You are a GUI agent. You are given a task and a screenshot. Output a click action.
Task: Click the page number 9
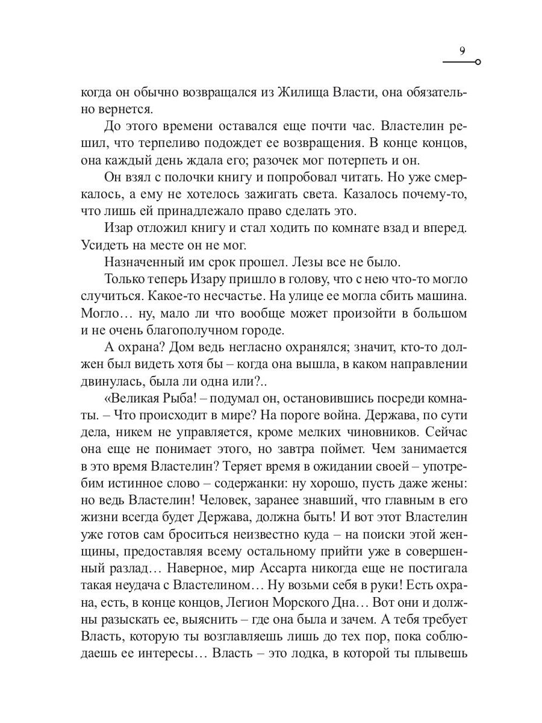tap(462, 51)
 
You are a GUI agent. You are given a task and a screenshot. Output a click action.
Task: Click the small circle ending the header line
tap(478, 63)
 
